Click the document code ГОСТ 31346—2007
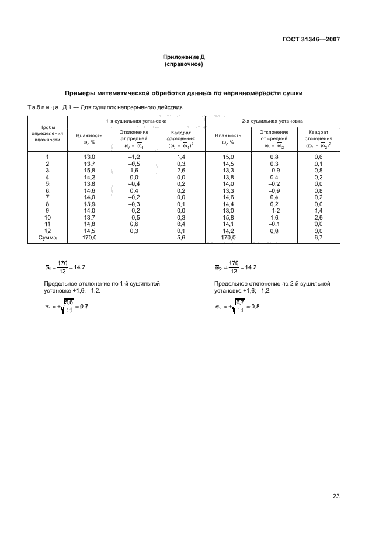coord(310,40)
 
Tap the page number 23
coord(336,480)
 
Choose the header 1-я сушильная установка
coord(136,121)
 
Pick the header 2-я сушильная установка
coord(272,121)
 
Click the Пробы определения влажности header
coord(47,133)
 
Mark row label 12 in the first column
coord(47,232)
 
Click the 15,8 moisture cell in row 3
coord(89,171)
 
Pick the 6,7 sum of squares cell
coord(318,238)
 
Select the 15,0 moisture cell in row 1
coord(228,158)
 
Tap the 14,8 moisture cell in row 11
coord(89,225)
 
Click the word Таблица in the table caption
coord(43,107)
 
